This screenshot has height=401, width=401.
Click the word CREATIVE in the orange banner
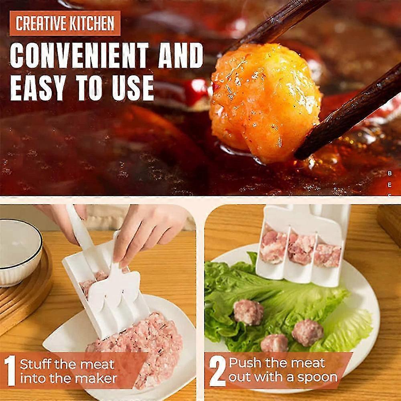[39, 23]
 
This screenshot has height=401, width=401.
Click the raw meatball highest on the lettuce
[248, 312]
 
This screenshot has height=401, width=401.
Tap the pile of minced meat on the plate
[140, 341]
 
